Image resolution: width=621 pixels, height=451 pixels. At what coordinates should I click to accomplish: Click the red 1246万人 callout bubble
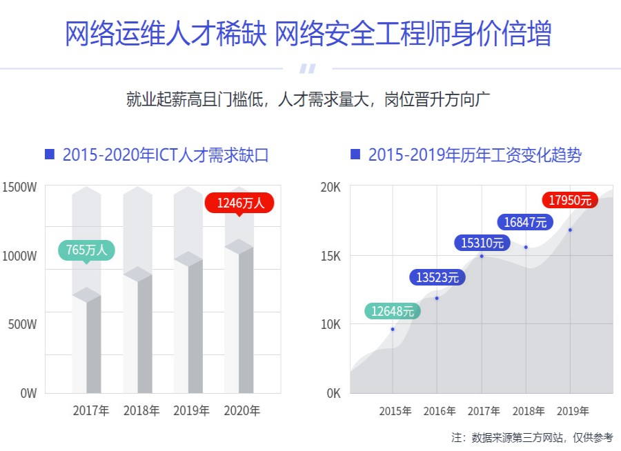pos(239,203)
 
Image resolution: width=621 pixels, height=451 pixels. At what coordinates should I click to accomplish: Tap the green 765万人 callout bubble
pos(86,250)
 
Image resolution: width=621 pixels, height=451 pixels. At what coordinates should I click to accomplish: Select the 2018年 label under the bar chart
pos(141,411)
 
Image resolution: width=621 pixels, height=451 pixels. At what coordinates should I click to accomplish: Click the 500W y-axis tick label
pos(22,324)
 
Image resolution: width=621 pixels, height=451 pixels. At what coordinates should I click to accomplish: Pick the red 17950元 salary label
pos(570,200)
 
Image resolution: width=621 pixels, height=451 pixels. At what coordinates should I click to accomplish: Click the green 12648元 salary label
pos(392,311)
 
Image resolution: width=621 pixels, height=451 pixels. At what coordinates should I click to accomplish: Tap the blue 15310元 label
pos(482,243)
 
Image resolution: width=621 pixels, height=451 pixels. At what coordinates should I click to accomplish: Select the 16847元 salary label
pos(525,222)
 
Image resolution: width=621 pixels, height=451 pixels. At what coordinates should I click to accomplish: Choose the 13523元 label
pos(437,278)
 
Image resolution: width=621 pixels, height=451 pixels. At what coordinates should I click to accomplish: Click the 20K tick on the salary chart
pos(331,188)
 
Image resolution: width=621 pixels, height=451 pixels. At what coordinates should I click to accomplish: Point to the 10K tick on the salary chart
pos(331,324)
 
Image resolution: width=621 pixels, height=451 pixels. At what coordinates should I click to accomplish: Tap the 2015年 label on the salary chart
pos(395,412)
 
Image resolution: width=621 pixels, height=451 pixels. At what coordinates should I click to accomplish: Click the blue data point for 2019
pos(570,230)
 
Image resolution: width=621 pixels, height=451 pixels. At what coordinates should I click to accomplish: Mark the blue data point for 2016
pos(437,298)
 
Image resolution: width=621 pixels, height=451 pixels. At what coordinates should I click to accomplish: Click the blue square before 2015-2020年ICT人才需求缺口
pos(49,154)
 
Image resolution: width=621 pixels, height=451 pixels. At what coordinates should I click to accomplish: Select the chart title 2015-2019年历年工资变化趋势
pos(475,155)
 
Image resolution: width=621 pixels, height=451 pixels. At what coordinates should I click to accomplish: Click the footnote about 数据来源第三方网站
pos(532,437)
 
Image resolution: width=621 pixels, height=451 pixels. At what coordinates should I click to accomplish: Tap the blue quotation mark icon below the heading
pos(308,68)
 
